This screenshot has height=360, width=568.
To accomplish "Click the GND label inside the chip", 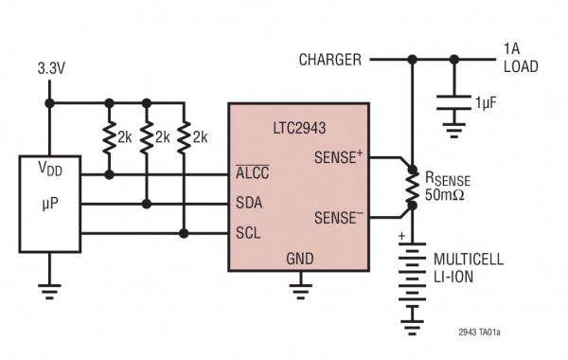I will point(300,257).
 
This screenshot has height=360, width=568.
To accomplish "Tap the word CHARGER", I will point(329,60).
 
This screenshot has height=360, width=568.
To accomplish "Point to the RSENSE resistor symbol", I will point(412,187).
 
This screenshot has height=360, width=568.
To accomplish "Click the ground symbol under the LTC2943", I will point(301,285).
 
